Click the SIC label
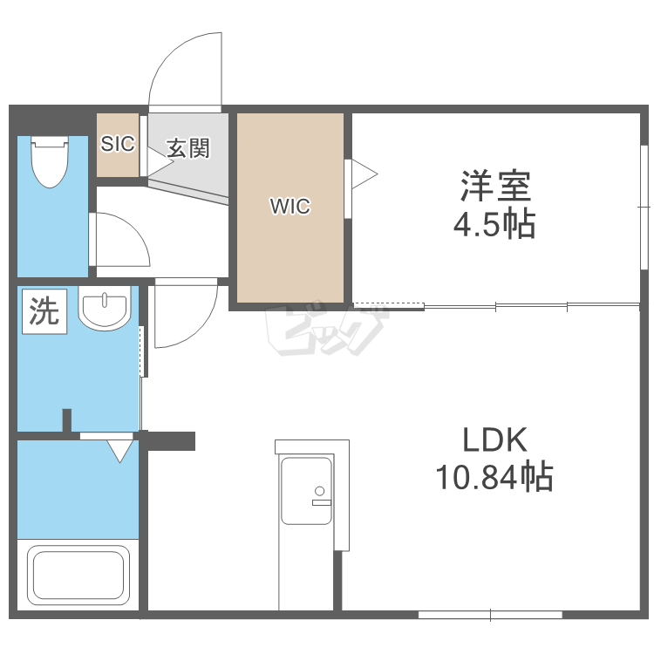118,144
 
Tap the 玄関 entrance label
188,148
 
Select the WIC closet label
290,206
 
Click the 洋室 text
495,186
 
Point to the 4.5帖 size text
494,223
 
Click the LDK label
495,439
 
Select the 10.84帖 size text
494,476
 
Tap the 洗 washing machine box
44,311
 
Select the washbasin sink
105,309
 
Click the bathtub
78,575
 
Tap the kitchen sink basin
307,491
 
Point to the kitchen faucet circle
320,491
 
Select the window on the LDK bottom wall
490,616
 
